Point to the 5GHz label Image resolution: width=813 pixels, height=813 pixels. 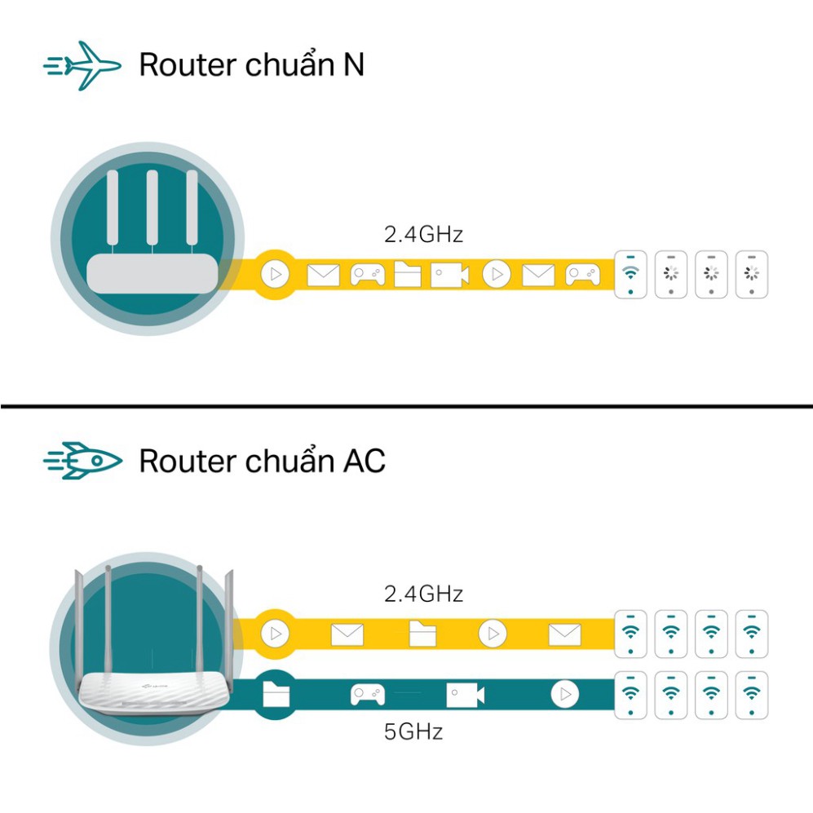(413, 731)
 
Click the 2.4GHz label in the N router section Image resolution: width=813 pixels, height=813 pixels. (423, 235)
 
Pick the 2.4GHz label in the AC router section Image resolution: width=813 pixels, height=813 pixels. (423, 594)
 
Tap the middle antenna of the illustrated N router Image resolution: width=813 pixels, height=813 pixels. (151, 208)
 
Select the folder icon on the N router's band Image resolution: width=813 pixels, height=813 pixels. (408, 275)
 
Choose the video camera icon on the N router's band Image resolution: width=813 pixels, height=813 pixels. (450, 275)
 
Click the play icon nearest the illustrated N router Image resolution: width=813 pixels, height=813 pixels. (275, 275)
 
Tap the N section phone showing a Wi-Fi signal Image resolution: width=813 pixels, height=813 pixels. (630, 274)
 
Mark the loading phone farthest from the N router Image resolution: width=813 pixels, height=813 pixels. (752, 274)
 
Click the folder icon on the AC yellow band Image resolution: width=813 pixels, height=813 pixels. (422, 634)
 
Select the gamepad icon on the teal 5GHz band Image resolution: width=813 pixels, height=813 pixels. (366, 695)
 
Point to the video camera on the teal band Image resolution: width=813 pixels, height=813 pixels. (465, 695)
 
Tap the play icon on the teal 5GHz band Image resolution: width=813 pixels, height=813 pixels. (564, 695)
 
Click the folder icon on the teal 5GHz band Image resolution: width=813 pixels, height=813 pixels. (276, 695)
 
